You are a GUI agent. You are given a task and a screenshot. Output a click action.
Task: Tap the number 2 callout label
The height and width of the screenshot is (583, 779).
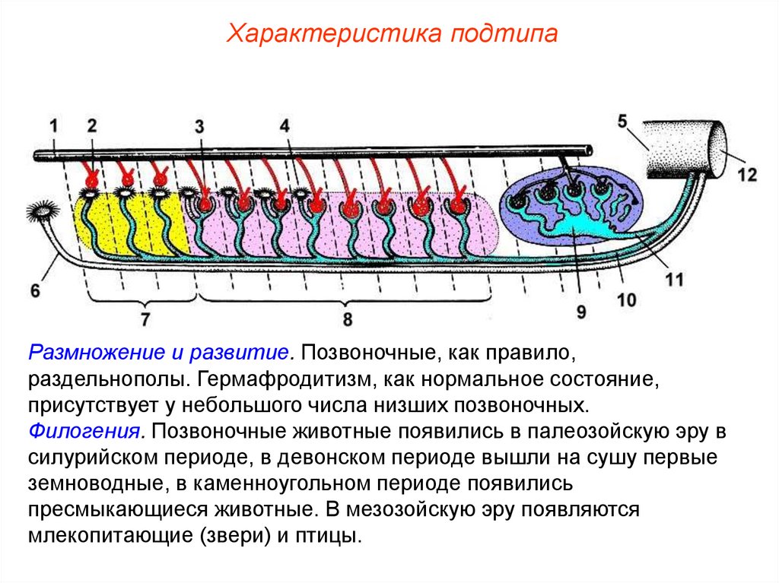[x=92, y=126]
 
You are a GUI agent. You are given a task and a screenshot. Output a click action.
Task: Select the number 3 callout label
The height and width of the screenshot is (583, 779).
[x=199, y=127]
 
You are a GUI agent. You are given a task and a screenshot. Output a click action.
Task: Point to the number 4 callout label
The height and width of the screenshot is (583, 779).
[x=285, y=125]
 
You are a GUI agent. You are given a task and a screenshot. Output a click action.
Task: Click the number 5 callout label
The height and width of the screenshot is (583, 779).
[x=622, y=120]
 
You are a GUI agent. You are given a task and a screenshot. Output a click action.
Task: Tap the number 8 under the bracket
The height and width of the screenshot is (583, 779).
[x=348, y=319]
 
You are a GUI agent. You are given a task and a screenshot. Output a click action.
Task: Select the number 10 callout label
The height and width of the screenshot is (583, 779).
[x=626, y=300]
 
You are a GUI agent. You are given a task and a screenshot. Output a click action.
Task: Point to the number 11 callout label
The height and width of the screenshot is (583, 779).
[x=674, y=279]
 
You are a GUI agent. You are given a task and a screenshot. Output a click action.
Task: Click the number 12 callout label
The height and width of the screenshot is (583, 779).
[x=747, y=174]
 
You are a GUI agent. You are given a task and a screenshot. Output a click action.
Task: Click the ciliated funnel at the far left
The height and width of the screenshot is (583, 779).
[x=41, y=214]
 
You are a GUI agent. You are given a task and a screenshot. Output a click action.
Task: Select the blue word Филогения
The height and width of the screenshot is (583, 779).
[x=87, y=431]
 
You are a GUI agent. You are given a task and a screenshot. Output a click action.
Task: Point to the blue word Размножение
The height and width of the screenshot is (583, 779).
[x=84, y=353]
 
